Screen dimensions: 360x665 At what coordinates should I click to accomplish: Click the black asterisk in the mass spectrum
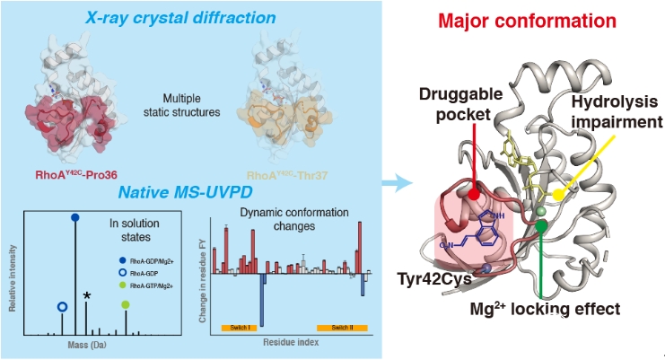(86, 295)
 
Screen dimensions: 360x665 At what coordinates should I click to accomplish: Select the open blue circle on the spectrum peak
(61, 307)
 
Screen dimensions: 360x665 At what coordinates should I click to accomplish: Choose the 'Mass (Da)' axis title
(92, 344)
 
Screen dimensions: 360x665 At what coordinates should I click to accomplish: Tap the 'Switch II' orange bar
(340, 328)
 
